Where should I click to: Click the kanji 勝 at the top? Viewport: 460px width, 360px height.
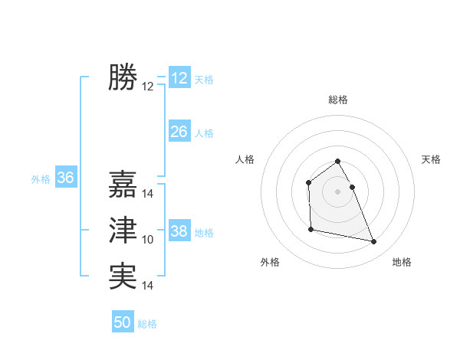pos(123,77)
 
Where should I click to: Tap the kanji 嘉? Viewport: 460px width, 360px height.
pos(123,184)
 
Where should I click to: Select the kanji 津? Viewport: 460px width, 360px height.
pos(123,230)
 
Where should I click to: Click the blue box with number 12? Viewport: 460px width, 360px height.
pos(179,78)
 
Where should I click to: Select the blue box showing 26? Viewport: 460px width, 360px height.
pos(179,132)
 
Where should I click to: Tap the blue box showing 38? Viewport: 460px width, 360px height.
pos(179,231)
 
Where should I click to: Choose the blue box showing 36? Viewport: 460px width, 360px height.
pos(66,178)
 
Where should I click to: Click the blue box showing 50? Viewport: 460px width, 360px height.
pos(123,322)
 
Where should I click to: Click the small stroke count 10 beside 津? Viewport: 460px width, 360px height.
pos(148,240)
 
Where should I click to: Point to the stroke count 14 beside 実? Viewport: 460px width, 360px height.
pos(148,286)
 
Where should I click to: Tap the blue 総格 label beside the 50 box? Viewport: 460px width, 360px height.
pos(147,324)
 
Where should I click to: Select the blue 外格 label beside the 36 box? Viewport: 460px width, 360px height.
pos(41,179)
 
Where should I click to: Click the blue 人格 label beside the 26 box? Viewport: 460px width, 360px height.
pos(204,133)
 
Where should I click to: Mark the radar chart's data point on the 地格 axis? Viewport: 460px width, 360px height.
pos(374,242)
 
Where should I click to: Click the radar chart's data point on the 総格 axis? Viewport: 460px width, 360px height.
pos(337,161)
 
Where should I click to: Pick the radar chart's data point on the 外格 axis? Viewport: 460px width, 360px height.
pos(310,229)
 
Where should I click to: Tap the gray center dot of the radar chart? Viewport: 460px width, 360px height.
pos(337,191)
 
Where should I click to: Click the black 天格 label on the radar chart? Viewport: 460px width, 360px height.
pos(432,159)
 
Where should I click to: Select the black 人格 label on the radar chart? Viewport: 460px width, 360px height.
pos(245,159)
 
